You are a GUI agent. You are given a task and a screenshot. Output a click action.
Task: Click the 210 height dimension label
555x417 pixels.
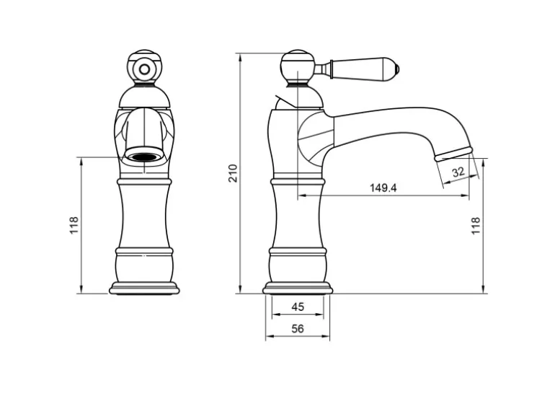pyautogui.click(x=233, y=173)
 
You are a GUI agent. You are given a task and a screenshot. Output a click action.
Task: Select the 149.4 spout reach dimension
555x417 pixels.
pyautogui.click(x=383, y=188)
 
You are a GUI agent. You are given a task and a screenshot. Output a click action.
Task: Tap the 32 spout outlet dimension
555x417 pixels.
pyautogui.click(x=458, y=172)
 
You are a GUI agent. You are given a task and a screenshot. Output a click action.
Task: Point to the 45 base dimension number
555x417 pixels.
pyautogui.click(x=298, y=307)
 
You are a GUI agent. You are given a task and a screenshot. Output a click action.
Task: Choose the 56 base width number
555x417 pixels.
pyautogui.click(x=298, y=329)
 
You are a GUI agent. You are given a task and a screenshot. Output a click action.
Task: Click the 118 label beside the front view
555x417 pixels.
pyautogui.click(x=74, y=225)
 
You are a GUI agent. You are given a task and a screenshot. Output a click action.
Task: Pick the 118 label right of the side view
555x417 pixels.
pyautogui.click(x=476, y=225)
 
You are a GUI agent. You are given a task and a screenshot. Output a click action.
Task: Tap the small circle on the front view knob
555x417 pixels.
pyautogui.click(x=144, y=69)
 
